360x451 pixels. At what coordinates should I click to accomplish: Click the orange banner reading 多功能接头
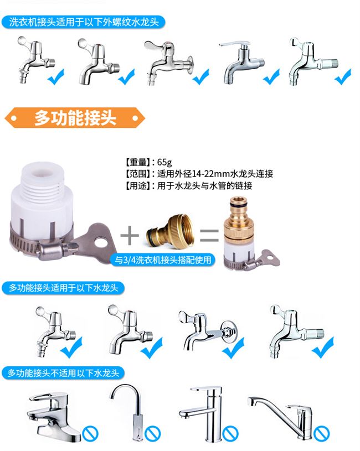coord(75,118)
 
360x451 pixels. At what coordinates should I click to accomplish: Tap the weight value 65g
coord(164,162)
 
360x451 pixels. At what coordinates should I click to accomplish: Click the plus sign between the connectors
coord(130,235)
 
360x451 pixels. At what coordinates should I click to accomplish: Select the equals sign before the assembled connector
coord(209,235)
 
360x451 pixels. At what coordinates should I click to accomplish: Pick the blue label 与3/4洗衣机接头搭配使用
coord(163,260)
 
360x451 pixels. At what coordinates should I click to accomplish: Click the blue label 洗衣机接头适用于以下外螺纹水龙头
coord(84,22)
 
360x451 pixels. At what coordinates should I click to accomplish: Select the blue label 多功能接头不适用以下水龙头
coord(63,373)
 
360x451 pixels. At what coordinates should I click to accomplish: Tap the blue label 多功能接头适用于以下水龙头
coord(63,288)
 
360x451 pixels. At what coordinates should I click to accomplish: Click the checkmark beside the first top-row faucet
coord(56,76)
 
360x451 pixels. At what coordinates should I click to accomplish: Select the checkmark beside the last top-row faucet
coord(343,76)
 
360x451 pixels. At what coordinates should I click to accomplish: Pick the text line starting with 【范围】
coord(199,174)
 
